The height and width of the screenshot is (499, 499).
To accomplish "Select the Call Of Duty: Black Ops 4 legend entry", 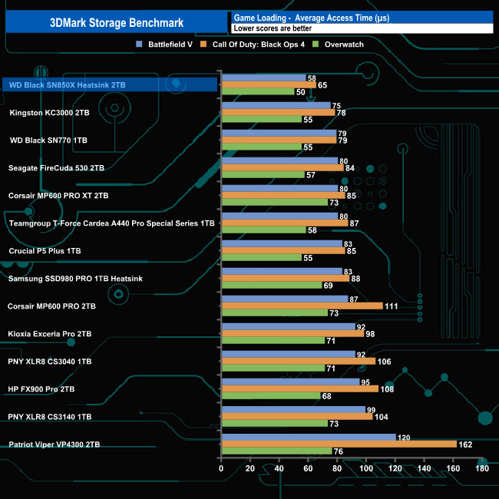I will [x=264, y=44].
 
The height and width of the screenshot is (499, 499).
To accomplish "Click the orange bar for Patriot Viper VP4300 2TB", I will [x=339, y=444].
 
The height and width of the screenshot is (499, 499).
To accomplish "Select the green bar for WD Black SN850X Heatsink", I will [x=257, y=92].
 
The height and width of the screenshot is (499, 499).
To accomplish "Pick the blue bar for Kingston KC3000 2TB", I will [x=276, y=105].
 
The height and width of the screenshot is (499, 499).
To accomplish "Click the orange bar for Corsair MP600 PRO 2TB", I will [x=302, y=306].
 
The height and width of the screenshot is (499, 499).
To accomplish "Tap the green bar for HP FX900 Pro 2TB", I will [x=270, y=396].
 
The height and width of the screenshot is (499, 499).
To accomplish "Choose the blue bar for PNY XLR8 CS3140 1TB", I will [x=292, y=409].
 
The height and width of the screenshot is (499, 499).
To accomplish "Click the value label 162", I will [x=465, y=444].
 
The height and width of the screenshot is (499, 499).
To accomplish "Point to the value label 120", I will [x=404, y=436].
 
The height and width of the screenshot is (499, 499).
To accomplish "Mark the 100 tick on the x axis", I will [x=366, y=468].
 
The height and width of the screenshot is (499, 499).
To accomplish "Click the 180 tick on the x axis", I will [x=482, y=468].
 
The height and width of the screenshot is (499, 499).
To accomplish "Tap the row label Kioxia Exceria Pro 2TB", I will [x=51, y=334].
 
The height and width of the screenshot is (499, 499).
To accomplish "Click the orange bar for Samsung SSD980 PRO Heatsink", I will [x=285, y=278].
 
